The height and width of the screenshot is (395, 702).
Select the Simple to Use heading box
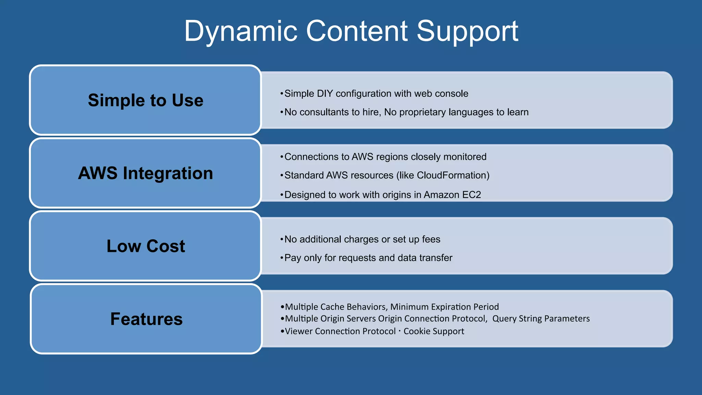tap(146, 100)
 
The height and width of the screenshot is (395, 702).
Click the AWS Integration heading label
tap(146, 173)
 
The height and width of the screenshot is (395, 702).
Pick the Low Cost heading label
tap(146, 246)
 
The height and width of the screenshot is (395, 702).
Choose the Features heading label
tap(146, 319)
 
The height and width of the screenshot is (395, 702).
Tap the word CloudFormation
tap(451, 175)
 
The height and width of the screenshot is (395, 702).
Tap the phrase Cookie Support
tap(434, 331)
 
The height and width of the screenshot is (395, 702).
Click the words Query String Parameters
tap(541, 319)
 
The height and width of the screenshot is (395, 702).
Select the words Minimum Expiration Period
tap(445, 307)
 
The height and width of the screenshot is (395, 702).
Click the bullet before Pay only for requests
tap(282, 258)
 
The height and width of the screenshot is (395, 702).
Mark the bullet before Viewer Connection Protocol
tap(282, 331)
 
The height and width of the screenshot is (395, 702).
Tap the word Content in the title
tap(357, 32)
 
